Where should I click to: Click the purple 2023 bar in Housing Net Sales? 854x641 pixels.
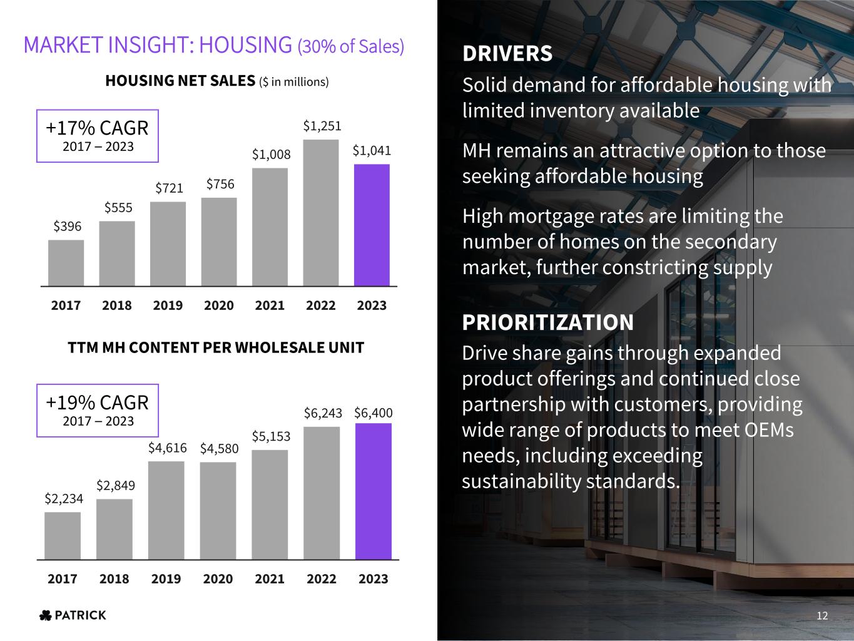tap(372, 225)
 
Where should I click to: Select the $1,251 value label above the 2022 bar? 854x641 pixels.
tap(322, 126)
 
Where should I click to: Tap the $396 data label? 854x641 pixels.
tap(68, 226)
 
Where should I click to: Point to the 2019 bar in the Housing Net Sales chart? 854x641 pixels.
tap(168, 244)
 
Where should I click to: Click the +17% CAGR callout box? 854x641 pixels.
tap(98, 136)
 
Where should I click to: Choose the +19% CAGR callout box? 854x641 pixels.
tap(98, 410)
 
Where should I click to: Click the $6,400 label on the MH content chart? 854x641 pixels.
tap(374, 413)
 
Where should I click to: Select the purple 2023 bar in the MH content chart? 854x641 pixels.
tap(374, 491)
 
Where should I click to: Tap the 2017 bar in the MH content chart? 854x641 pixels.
tap(63, 536)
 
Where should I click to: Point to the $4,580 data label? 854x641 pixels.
tap(219, 448)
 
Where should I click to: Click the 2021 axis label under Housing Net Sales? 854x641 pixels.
tap(270, 305)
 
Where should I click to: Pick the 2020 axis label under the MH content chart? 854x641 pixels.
tap(218, 579)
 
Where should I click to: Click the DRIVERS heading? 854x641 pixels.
tap(507, 54)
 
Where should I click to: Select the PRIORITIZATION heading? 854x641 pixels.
tap(547, 322)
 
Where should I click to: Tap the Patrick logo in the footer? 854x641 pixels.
tap(73, 615)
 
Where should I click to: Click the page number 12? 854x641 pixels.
tap(822, 616)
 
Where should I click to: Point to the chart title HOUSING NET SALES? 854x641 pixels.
tap(180, 81)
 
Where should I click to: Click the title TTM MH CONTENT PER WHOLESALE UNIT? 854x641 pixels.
tap(216, 348)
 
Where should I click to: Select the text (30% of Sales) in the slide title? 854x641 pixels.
tap(351, 46)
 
